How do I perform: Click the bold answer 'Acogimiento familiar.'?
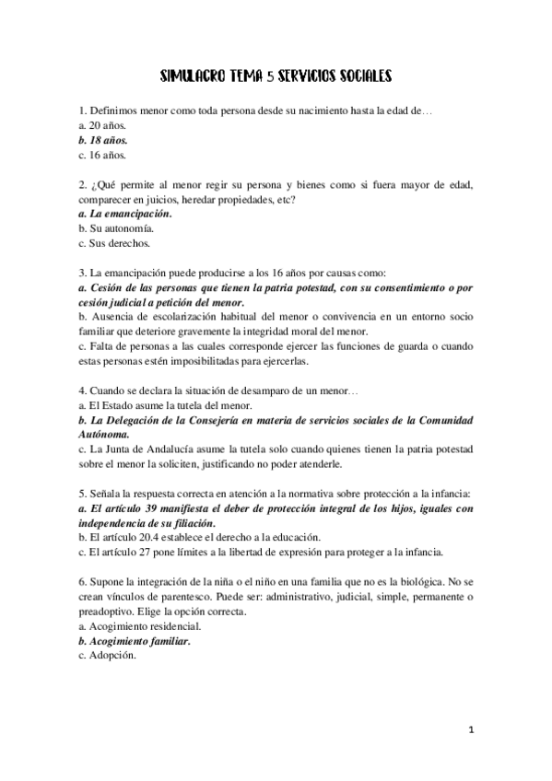[139, 641]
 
